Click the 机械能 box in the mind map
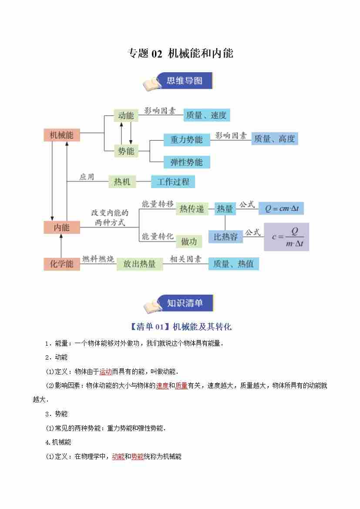(x=61, y=135)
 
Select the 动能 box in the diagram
(x=126, y=116)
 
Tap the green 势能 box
(x=126, y=151)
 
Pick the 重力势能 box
(x=186, y=140)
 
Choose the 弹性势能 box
(x=186, y=162)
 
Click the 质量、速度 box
(x=206, y=115)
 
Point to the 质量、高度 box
(x=274, y=139)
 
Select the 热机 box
(x=122, y=182)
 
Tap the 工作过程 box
(x=173, y=182)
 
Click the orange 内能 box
(x=61, y=227)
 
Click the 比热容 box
(x=225, y=237)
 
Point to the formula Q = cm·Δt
(x=281, y=209)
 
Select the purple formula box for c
(x=286, y=237)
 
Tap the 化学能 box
(x=61, y=264)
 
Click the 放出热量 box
(x=139, y=264)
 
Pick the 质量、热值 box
(x=233, y=264)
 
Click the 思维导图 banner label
(x=185, y=81)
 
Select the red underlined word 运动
(x=106, y=371)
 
